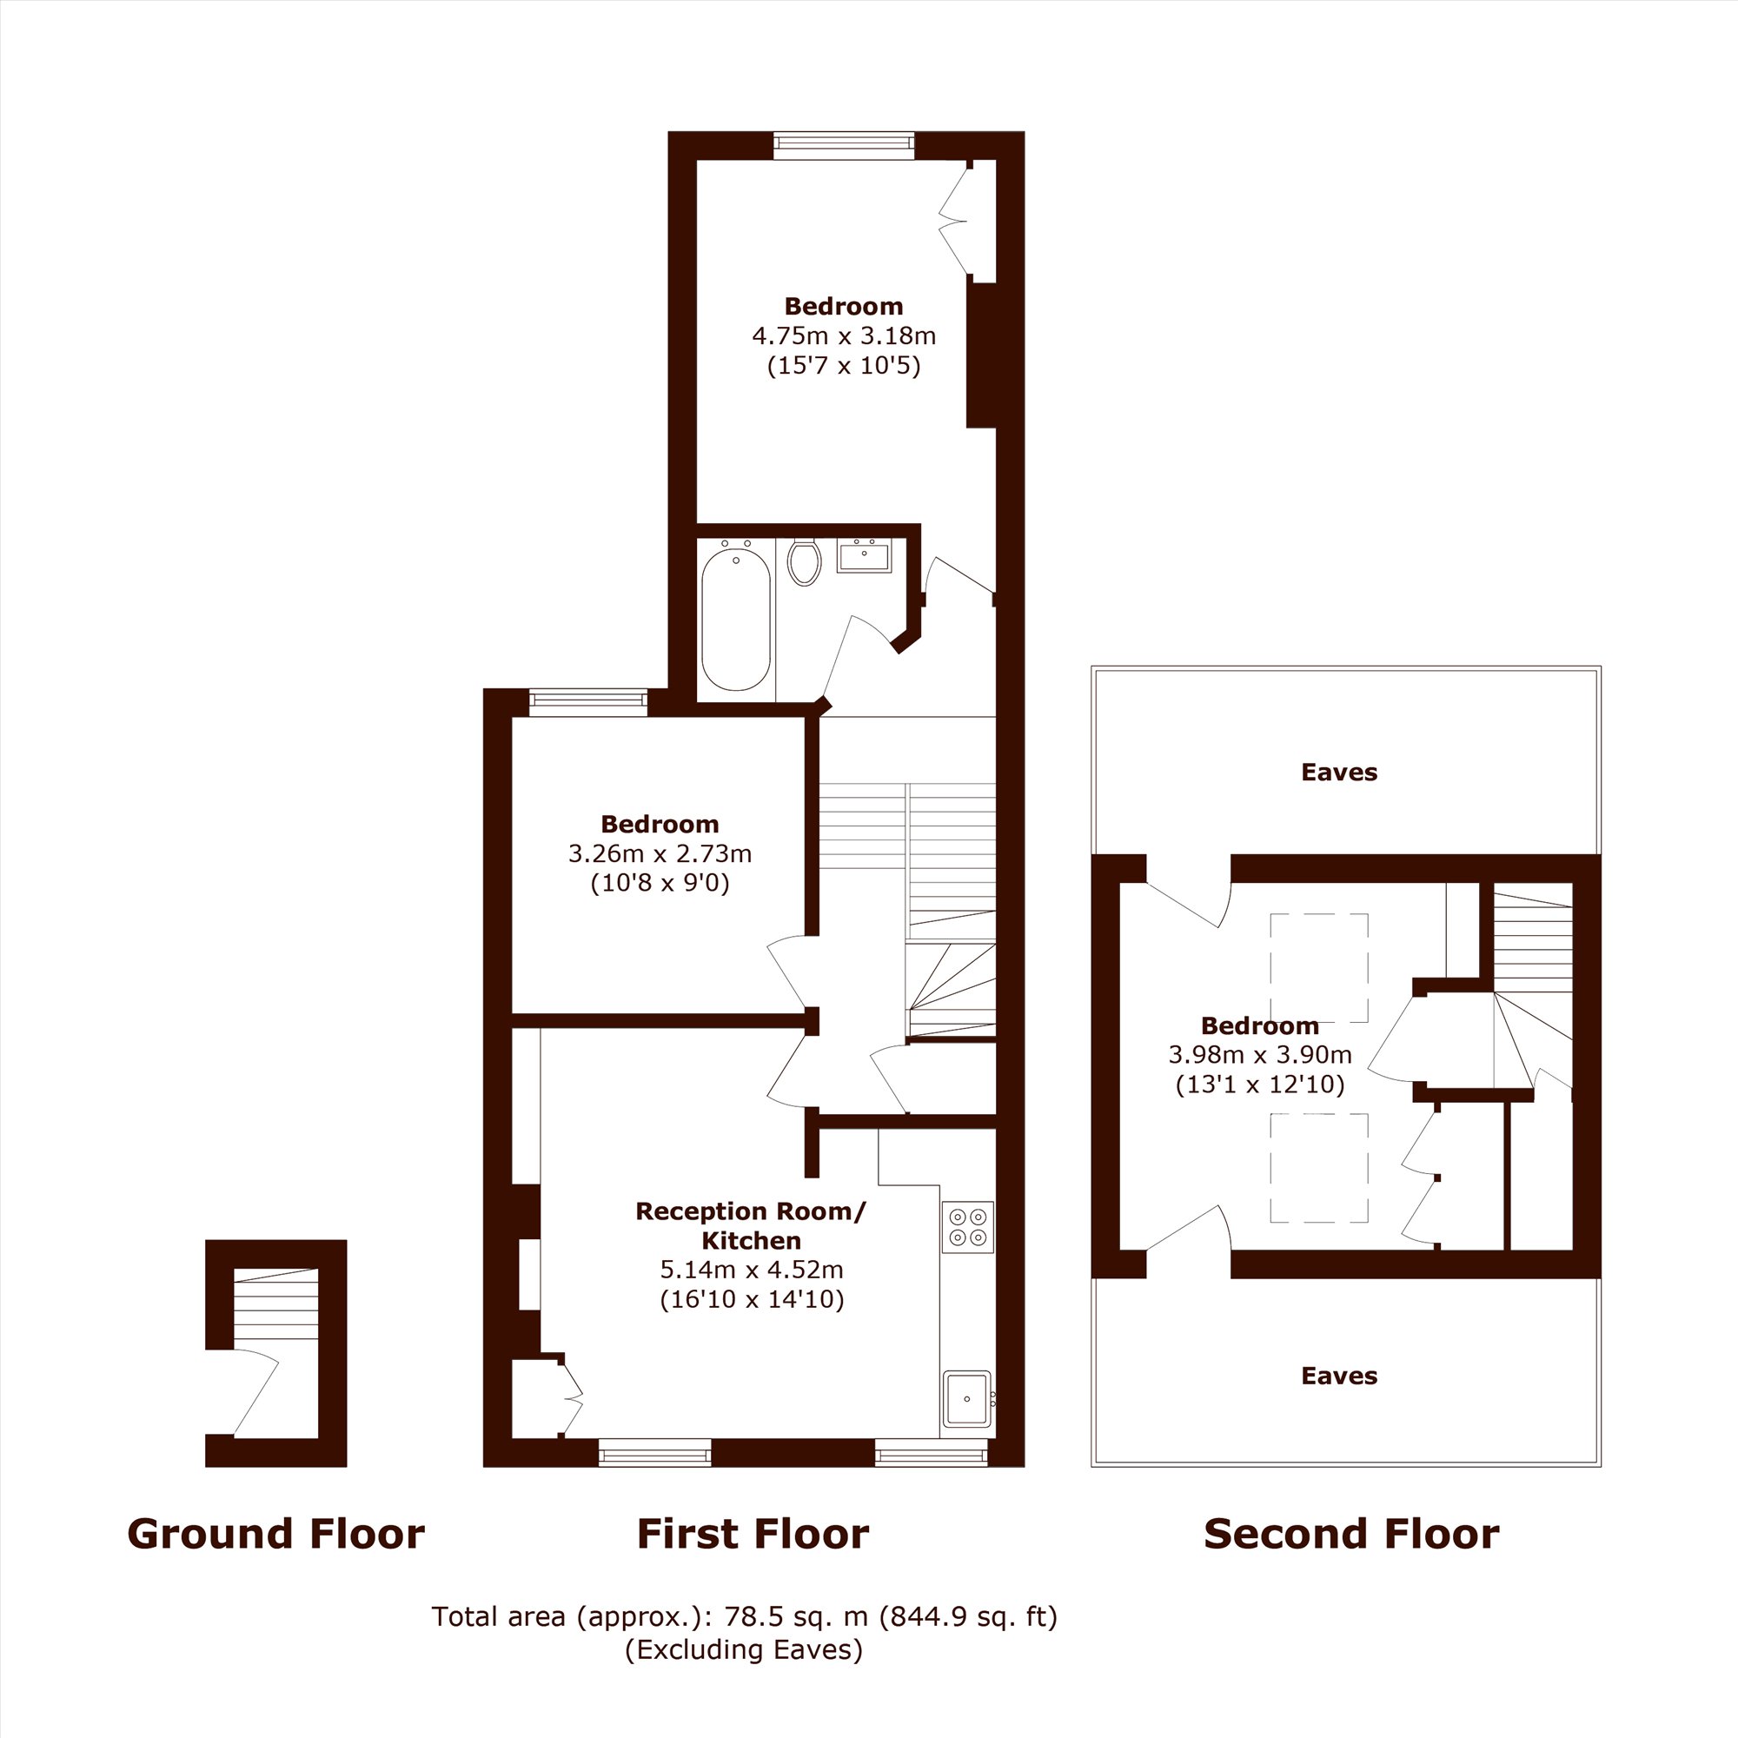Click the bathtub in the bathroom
coord(736,619)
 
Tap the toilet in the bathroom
coord(803,562)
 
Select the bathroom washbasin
coord(864,557)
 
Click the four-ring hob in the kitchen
coord(968,1227)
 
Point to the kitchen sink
coord(968,1399)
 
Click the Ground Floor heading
coord(276,1534)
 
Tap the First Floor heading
coord(753,1534)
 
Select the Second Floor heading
coord(1351,1534)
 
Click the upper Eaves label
coord(1339,772)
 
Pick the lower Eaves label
coord(1339,1376)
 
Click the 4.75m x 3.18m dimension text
coord(844,335)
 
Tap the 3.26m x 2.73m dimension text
coord(660,852)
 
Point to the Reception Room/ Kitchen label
coord(751,1225)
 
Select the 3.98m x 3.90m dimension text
coord(1260,1054)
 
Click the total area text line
coord(745,1616)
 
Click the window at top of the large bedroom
coord(844,145)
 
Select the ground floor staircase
coord(276,1304)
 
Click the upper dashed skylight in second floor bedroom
coord(1319,968)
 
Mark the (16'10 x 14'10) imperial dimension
coord(752,1299)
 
